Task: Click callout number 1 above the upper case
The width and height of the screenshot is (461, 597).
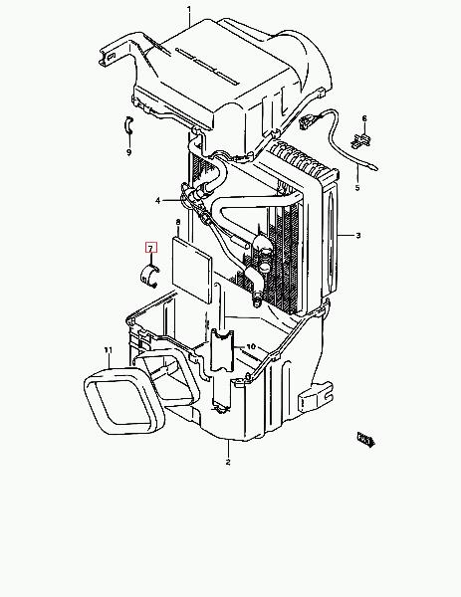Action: tap(189, 8)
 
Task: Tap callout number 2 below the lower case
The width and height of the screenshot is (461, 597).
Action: tap(228, 463)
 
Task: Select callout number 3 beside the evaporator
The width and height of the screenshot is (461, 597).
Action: tap(358, 236)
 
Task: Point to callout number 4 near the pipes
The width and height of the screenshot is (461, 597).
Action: tap(158, 201)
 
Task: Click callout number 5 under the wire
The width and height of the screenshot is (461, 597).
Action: tap(357, 188)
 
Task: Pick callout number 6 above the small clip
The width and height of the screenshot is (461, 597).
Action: tap(364, 118)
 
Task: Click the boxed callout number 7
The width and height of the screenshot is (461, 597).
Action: tap(151, 248)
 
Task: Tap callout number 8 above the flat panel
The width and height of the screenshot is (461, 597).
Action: tap(178, 222)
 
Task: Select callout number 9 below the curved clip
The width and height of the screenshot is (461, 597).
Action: tap(128, 152)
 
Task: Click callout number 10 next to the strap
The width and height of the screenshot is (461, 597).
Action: tap(251, 347)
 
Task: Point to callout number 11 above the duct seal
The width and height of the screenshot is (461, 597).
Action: tap(109, 350)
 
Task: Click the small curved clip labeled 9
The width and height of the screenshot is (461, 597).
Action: tap(128, 125)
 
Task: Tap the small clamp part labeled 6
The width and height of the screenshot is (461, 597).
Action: tap(360, 140)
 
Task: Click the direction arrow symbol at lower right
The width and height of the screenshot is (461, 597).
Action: tap(365, 440)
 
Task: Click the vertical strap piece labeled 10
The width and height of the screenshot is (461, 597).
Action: tap(222, 350)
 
